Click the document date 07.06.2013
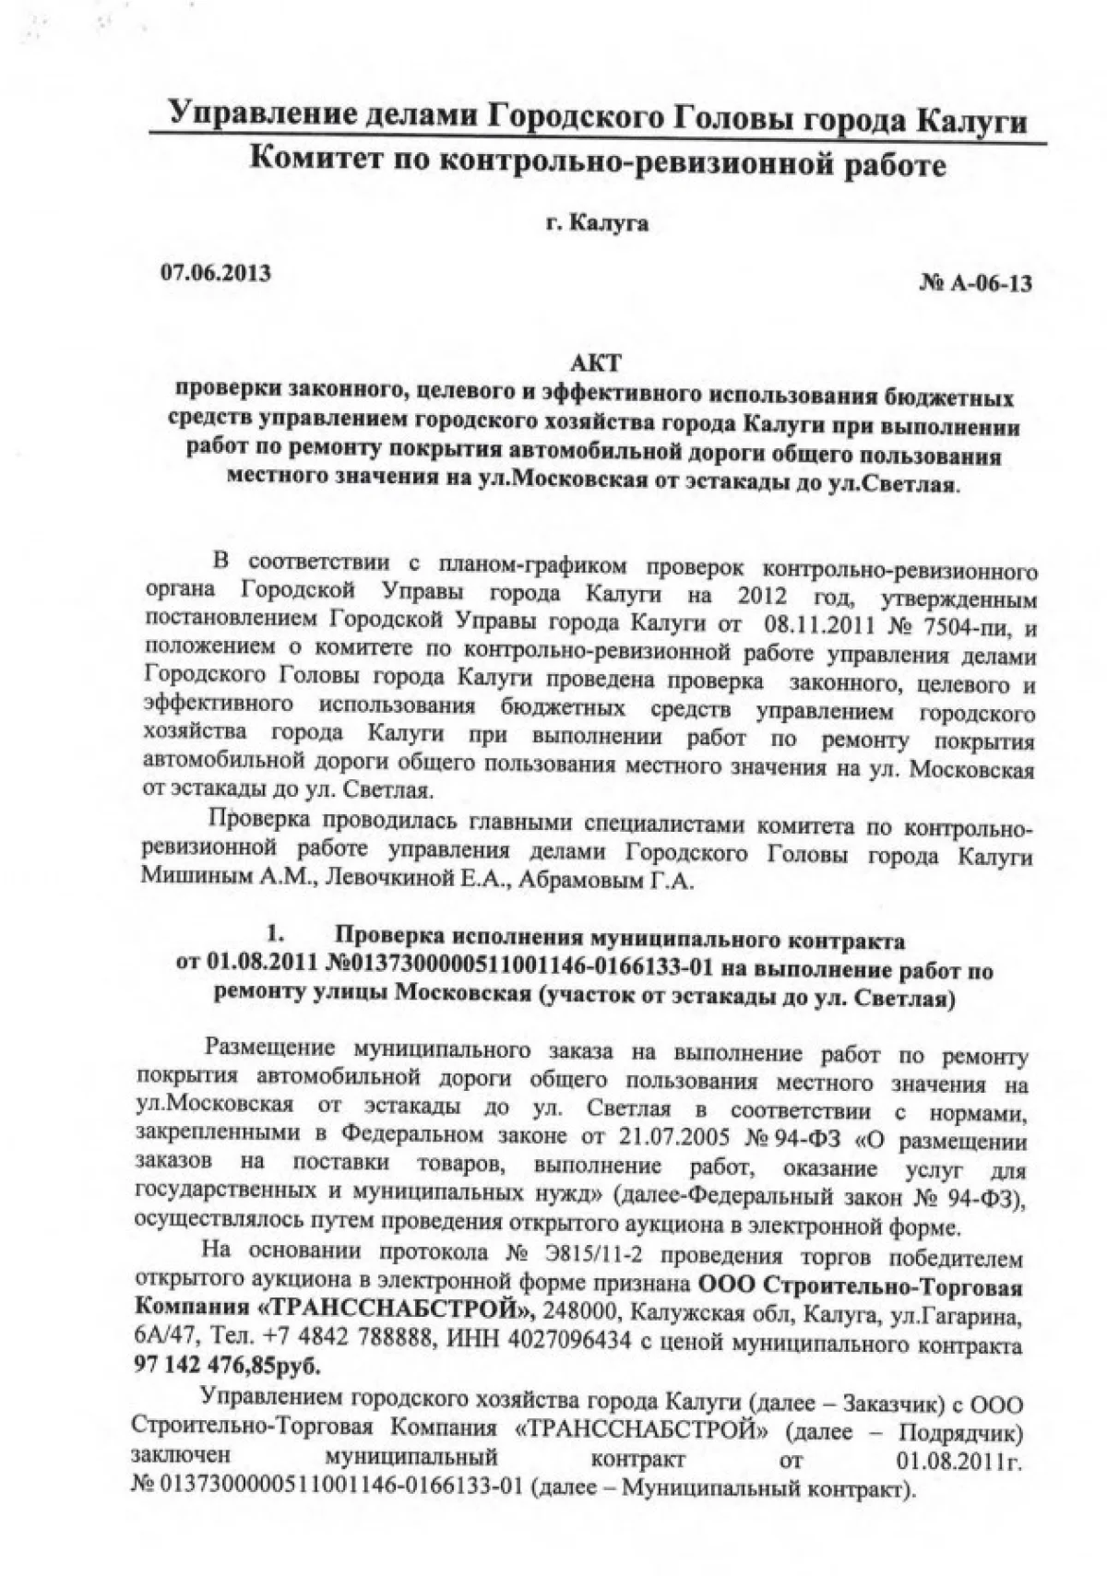tap(216, 273)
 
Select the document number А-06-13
tap(986, 283)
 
